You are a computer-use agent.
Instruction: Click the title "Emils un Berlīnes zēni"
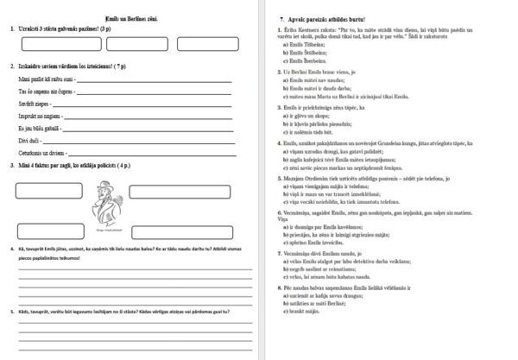130,16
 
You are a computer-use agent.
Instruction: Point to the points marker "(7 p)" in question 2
129,66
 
